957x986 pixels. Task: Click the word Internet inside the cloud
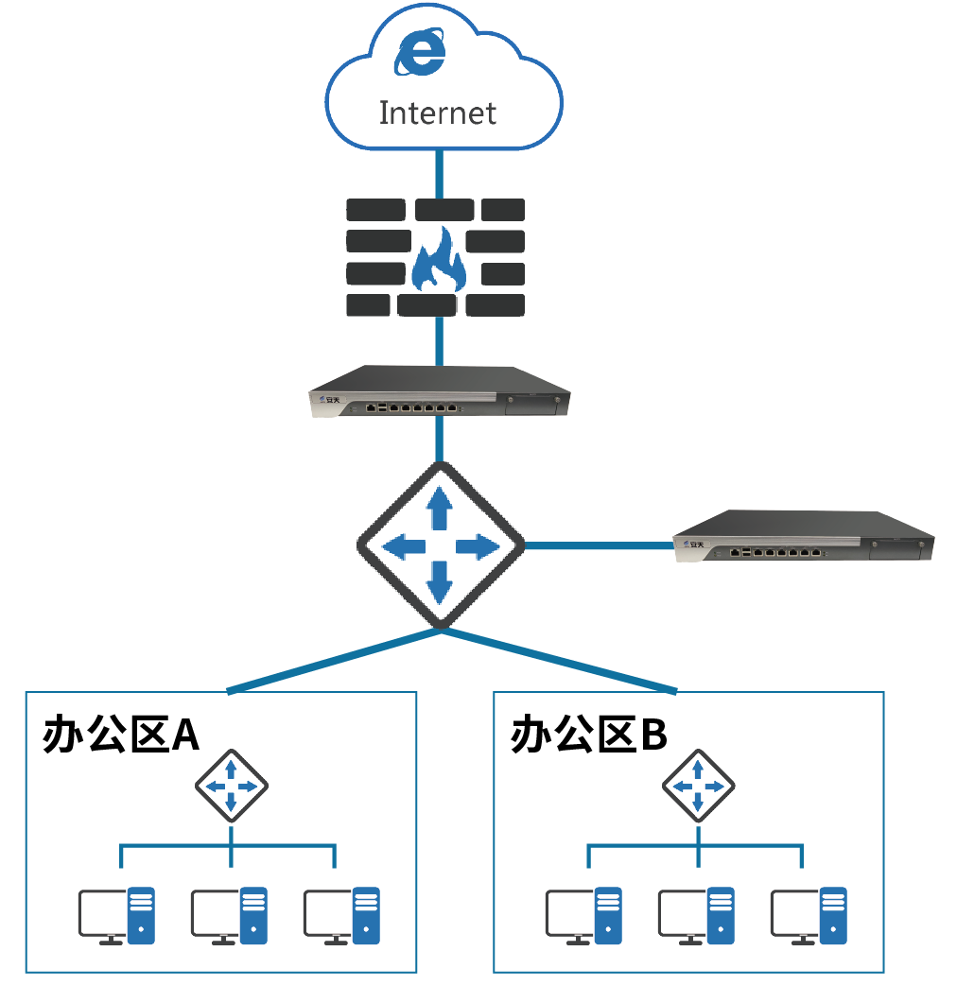point(437,113)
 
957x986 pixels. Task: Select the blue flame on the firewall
point(438,263)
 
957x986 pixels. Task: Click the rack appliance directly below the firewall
point(441,392)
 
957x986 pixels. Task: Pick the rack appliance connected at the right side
point(803,536)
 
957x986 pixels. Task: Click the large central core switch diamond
point(440,545)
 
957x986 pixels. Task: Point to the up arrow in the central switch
point(439,509)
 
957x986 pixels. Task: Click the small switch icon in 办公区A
point(232,786)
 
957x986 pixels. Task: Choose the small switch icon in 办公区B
point(698,786)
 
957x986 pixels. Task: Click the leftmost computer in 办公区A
point(116,915)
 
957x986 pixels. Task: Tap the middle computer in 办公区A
point(229,915)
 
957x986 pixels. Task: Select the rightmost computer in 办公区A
point(341,915)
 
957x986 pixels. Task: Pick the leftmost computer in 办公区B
point(583,915)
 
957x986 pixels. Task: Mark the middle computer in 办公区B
point(696,915)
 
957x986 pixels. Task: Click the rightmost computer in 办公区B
point(809,915)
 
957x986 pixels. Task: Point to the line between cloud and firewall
point(439,172)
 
